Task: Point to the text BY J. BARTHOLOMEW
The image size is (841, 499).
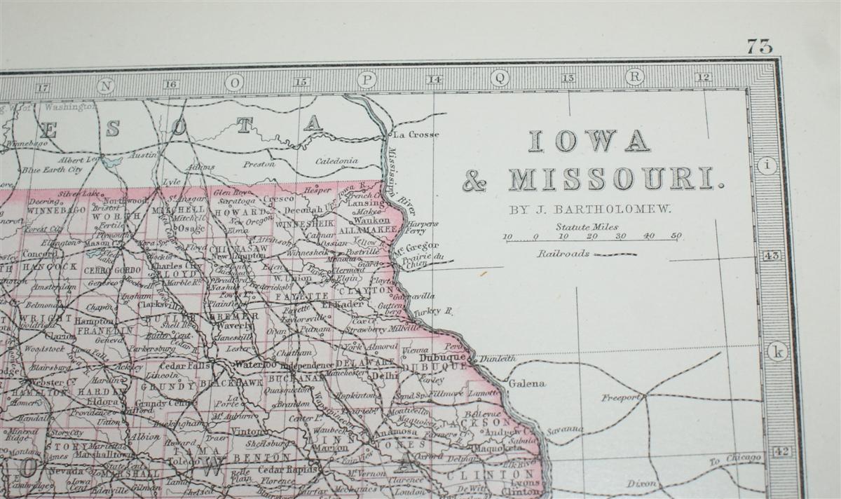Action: click(592, 208)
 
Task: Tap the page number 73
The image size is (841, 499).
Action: click(759, 47)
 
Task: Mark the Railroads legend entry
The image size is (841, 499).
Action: click(564, 254)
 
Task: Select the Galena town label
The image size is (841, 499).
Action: click(526, 384)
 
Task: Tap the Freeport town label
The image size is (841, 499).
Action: click(620, 398)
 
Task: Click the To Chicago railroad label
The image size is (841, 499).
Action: click(734, 459)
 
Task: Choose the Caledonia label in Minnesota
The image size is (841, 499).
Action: click(336, 161)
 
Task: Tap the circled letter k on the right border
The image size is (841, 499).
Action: click(776, 351)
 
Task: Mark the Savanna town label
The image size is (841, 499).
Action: click(564, 429)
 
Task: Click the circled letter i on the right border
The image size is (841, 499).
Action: click(770, 166)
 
